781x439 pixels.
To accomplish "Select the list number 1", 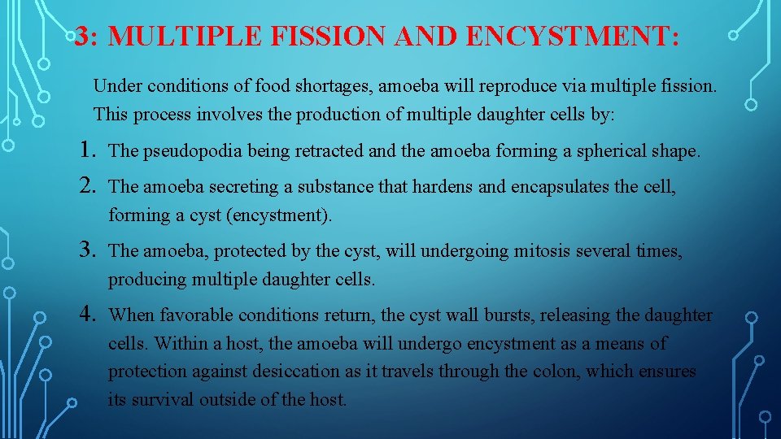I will pyautogui.click(x=89, y=150).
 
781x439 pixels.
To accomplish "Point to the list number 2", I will pyautogui.click(x=89, y=186).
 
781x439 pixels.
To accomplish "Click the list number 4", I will pyautogui.click(x=89, y=313).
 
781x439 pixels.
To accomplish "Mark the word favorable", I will pyautogui.click(x=193, y=315).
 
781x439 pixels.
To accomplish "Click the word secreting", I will pyautogui.click(x=244, y=187).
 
